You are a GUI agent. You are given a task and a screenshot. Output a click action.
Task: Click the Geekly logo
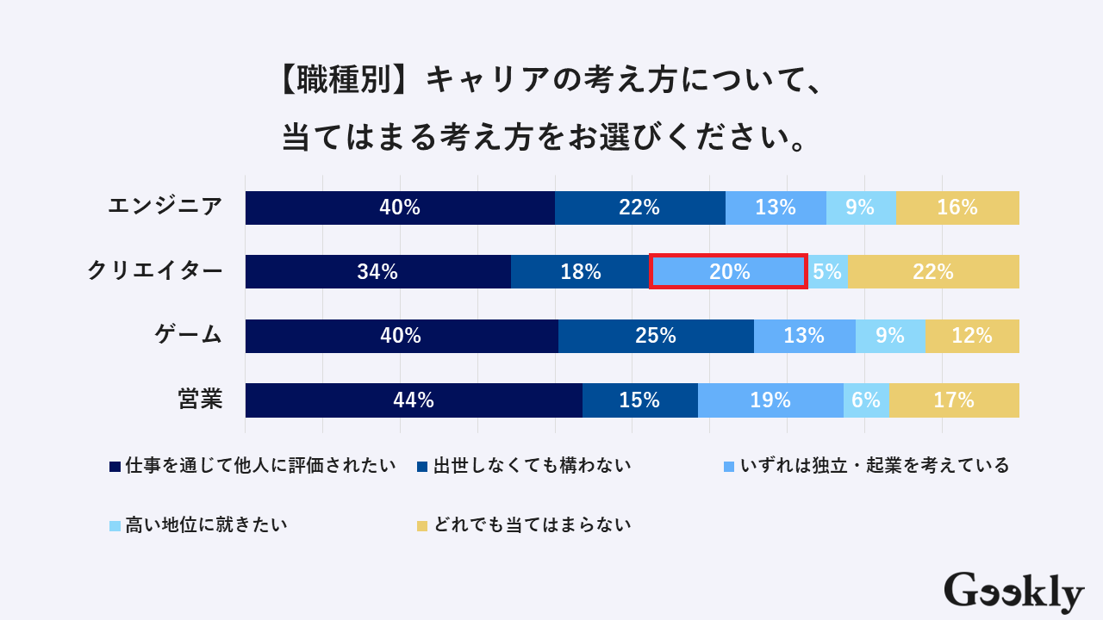1013,592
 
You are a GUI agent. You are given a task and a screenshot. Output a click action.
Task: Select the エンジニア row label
165,207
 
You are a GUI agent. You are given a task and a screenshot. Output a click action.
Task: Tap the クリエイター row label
155,271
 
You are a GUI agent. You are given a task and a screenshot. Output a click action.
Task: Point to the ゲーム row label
189,335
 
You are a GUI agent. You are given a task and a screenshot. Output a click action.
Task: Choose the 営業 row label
201,400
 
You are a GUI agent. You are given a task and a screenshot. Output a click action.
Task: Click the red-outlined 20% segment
728,271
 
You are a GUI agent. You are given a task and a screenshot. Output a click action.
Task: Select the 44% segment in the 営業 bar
414,400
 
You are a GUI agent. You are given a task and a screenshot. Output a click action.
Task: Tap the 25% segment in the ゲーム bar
656,336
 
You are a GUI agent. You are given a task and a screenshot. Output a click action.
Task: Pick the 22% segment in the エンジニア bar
639,208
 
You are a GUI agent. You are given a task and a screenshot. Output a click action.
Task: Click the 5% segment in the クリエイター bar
827,271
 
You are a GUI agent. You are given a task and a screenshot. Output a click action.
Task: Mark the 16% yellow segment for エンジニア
957,208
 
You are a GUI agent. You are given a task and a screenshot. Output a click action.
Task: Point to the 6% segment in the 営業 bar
866,400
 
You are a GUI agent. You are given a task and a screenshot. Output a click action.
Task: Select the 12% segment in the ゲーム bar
972,336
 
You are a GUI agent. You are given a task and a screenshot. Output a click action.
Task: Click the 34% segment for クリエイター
377,271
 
